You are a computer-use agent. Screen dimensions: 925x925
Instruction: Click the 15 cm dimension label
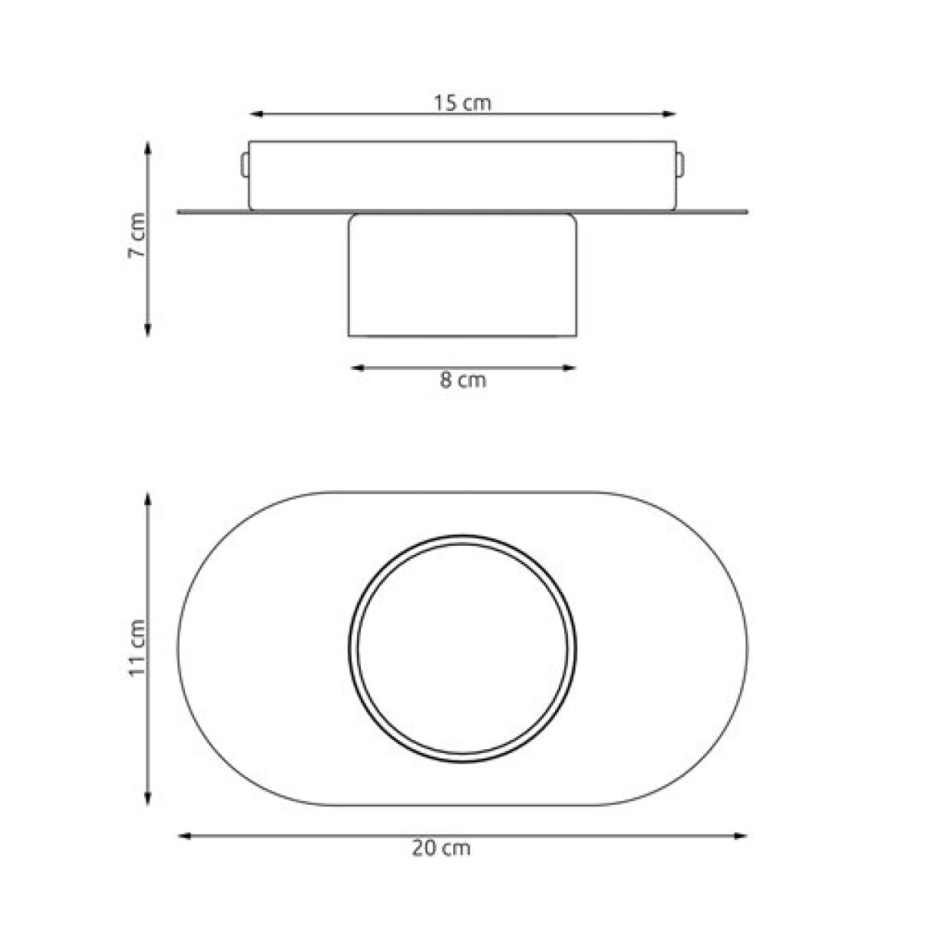point(462,103)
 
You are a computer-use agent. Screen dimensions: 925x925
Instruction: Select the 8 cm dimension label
point(462,380)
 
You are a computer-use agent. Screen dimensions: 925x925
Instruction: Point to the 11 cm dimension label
point(136,648)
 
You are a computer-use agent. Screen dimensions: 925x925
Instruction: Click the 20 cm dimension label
point(441,849)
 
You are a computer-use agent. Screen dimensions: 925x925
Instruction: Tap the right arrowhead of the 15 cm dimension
point(669,114)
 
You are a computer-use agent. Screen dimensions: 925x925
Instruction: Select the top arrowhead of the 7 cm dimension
point(148,148)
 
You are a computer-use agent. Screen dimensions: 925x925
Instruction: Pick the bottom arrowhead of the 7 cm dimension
point(148,330)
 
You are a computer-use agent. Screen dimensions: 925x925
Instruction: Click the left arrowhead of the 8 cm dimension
point(358,368)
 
